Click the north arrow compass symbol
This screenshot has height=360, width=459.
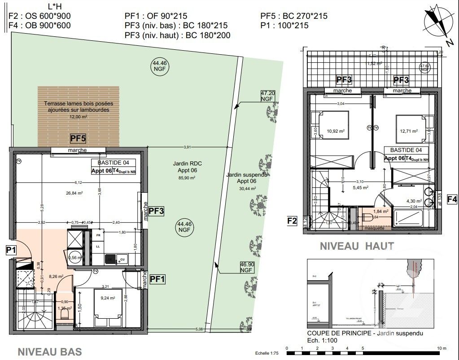tap(436, 22)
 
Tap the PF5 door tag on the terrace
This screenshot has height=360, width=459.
tap(79, 138)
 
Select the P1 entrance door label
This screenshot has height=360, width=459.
tap(12, 250)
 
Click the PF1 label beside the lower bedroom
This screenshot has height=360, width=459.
tap(157, 279)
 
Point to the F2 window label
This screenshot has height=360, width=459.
tap(292, 220)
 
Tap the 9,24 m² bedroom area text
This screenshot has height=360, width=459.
tap(108, 298)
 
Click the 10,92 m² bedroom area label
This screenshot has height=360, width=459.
tap(336, 131)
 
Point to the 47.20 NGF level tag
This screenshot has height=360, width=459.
tap(267, 95)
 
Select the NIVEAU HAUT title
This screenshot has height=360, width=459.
tap(357, 246)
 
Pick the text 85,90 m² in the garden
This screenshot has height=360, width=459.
tap(188, 178)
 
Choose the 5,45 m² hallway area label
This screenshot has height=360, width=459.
tap(360, 187)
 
